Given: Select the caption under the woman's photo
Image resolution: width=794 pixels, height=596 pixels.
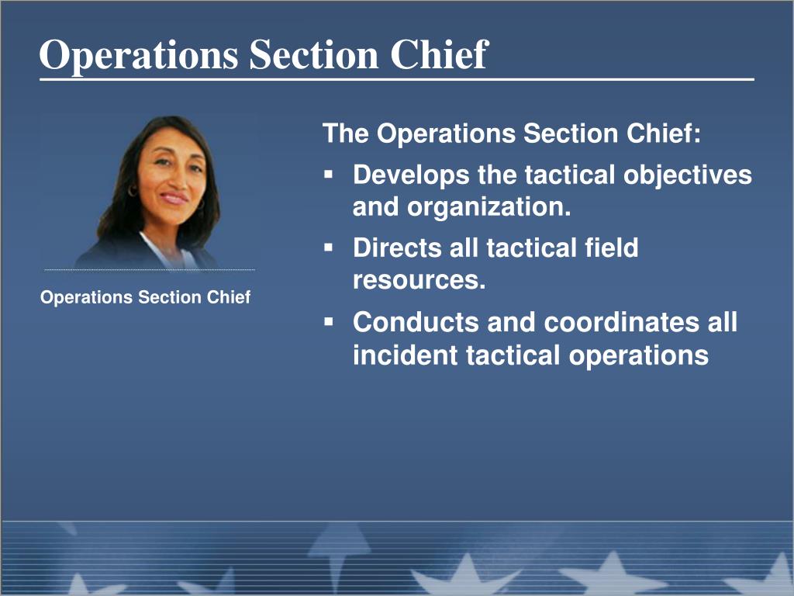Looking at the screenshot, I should pyautogui.click(x=145, y=297).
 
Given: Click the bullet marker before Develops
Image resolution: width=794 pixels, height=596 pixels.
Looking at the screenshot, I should pyautogui.click(x=329, y=175).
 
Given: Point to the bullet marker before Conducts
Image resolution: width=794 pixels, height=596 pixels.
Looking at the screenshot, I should pyautogui.click(x=329, y=321).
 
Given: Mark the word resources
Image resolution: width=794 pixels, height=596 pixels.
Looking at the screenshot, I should pyautogui.click(x=419, y=280).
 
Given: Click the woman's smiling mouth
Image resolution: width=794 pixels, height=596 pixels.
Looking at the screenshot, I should pyautogui.click(x=174, y=198).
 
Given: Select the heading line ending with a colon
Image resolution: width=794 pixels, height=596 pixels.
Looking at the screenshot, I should pyautogui.click(x=512, y=133).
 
